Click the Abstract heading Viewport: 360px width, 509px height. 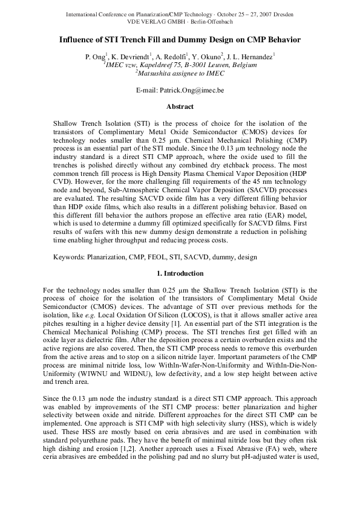[x=180, y=107]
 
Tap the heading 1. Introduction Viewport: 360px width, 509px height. [x=180, y=290]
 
